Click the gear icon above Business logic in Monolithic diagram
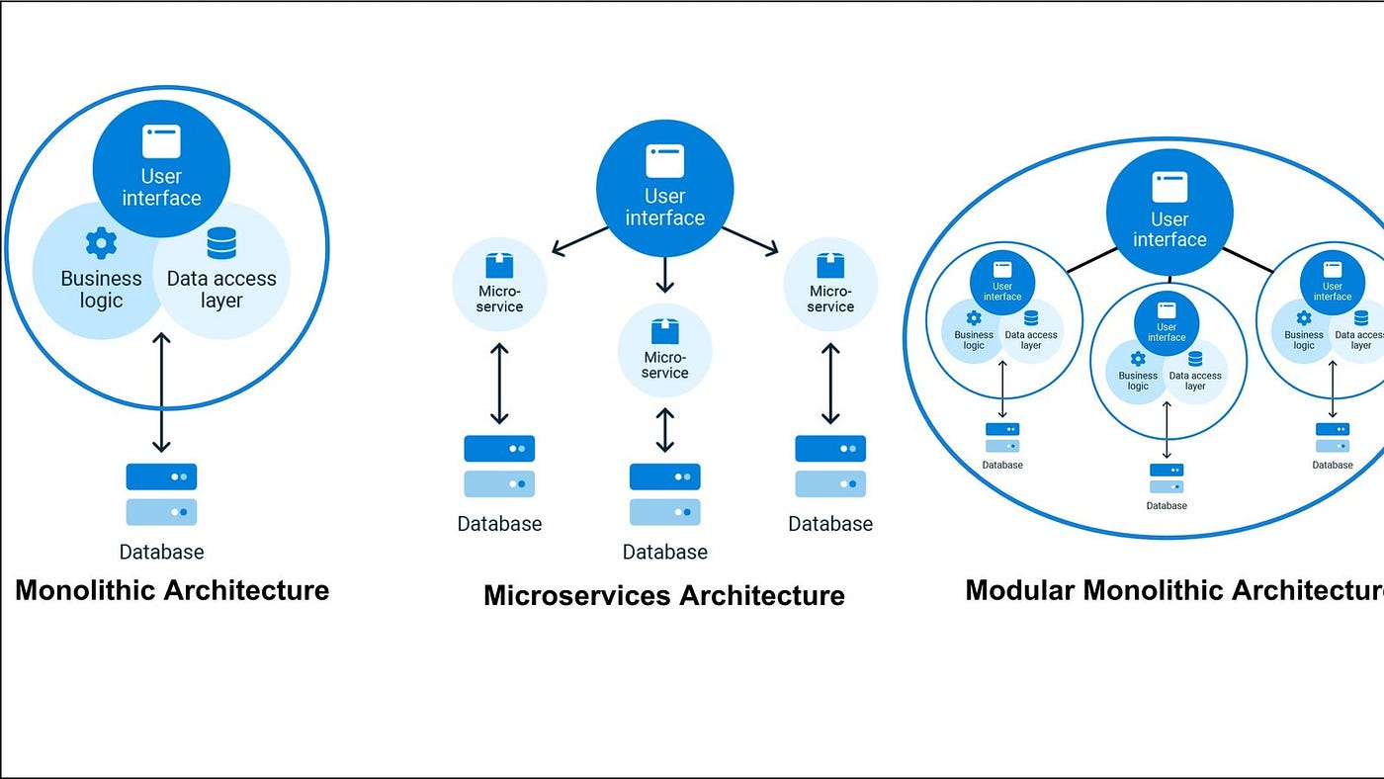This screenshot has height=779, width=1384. coord(101,242)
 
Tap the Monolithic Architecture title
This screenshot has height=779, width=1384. coord(172,590)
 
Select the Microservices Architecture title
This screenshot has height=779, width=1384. coord(663,595)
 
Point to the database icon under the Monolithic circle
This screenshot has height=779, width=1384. coord(161,494)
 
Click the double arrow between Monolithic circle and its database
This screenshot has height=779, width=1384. coord(161,392)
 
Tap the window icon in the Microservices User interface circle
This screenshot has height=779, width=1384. coord(664,161)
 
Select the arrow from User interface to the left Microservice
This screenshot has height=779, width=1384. coord(579,241)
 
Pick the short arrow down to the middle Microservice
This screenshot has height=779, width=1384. coord(664,274)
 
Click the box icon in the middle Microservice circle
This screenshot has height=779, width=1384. coord(664,331)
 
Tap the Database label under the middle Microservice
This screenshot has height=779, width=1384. coord(664,552)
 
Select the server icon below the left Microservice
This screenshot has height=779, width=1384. coord(499,466)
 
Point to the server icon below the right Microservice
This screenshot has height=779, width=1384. coord(830,466)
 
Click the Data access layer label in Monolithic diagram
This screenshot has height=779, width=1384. coord(221,289)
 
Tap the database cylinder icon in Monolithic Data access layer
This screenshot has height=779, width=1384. coord(221,243)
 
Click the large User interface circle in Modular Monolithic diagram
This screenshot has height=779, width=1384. coord(1169,209)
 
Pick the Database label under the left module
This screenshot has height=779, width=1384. coord(1002,465)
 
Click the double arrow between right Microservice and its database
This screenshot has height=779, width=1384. coord(830,384)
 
